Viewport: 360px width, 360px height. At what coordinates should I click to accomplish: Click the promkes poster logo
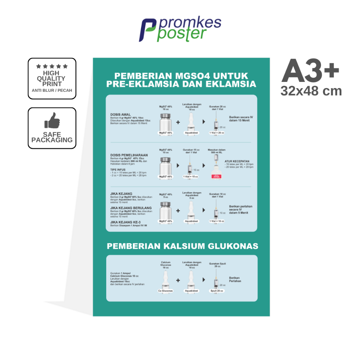pyautogui.click(x=180, y=30)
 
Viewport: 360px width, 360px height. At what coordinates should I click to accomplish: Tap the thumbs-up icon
pyautogui.click(x=52, y=121)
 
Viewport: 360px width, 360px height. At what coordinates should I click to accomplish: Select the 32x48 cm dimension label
pyautogui.click(x=311, y=91)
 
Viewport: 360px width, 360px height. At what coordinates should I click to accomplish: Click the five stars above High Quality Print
pyautogui.click(x=52, y=66)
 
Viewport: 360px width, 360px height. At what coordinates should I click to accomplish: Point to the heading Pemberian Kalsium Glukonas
pyautogui.click(x=182, y=246)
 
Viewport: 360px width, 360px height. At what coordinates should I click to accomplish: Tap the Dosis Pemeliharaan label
pyautogui.click(x=129, y=155)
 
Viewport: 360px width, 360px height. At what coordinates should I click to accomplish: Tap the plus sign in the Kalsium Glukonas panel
pyautogui.click(x=178, y=280)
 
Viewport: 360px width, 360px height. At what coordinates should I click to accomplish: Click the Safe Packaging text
pyautogui.click(x=52, y=137)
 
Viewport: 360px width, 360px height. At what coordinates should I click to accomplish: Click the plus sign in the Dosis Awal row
pyautogui.click(x=178, y=122)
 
